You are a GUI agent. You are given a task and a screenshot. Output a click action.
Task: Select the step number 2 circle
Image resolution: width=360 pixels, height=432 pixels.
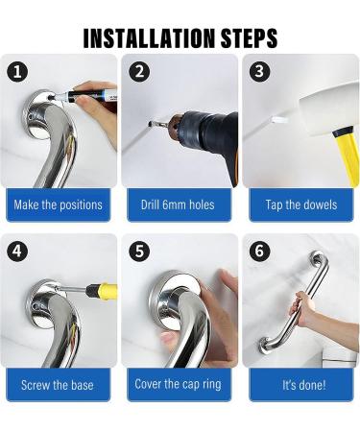tap(139, 71)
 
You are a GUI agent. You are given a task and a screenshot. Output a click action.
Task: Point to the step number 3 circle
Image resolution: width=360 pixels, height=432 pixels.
tap(259, 71)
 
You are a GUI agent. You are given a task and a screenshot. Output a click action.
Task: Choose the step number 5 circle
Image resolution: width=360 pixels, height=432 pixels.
tap(139, 251)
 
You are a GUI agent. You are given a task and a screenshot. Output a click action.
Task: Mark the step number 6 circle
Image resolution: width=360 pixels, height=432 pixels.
tap(259, 251)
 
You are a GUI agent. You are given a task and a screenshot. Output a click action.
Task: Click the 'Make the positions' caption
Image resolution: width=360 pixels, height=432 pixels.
tap(58, 204)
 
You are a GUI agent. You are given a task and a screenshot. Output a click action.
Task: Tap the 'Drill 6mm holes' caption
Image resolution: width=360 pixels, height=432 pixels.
tap(179, 204)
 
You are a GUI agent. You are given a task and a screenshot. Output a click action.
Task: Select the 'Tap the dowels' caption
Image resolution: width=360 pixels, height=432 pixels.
tap(299, 204)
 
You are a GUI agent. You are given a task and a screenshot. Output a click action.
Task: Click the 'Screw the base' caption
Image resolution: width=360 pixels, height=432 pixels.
tap(58, 385)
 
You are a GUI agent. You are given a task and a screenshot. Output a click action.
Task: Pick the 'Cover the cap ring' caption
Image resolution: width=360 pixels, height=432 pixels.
tap(179, 385)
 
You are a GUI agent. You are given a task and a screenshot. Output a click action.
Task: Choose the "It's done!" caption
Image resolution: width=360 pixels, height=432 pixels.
tap(299, 385)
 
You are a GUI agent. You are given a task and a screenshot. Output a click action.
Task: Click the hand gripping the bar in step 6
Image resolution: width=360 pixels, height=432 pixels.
tap(306, 308)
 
